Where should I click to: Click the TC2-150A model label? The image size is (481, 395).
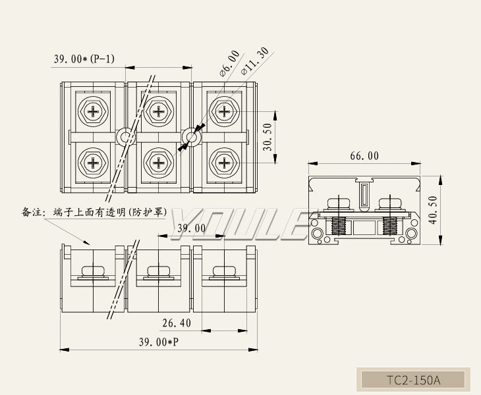click(412, 380)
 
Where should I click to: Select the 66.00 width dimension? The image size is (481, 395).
click(364, 156)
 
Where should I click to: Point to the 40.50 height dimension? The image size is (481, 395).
click(432, 210)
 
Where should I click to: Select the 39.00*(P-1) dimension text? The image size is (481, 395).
click(84, 59)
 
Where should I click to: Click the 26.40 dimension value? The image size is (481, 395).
click(177, 323)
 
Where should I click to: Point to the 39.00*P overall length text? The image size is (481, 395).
click(158, 342)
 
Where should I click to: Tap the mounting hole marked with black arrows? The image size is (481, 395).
click(192, 138)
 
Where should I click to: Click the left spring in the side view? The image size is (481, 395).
click(339, 226)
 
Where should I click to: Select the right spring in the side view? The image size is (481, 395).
click(388, 226)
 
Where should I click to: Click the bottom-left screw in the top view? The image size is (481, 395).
click(93, 162)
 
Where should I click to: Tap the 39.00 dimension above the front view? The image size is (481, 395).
click(192, 228)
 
